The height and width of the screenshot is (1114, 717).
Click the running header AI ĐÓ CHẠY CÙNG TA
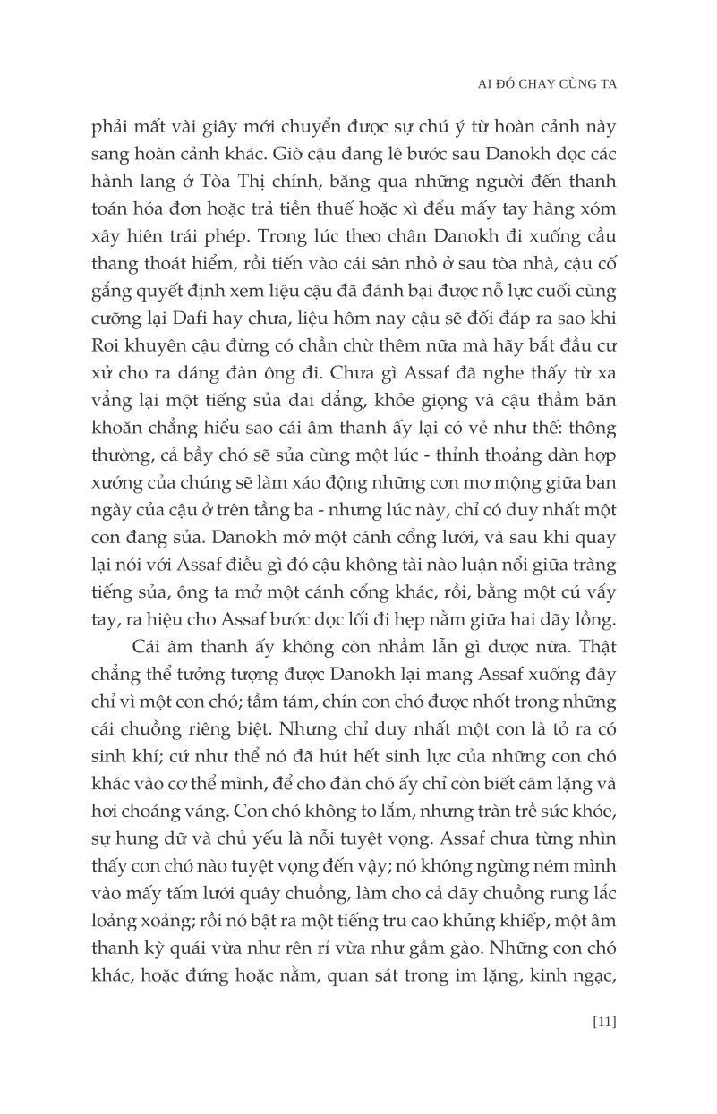tap(549, 82)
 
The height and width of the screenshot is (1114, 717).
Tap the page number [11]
tap(603, 1022)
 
